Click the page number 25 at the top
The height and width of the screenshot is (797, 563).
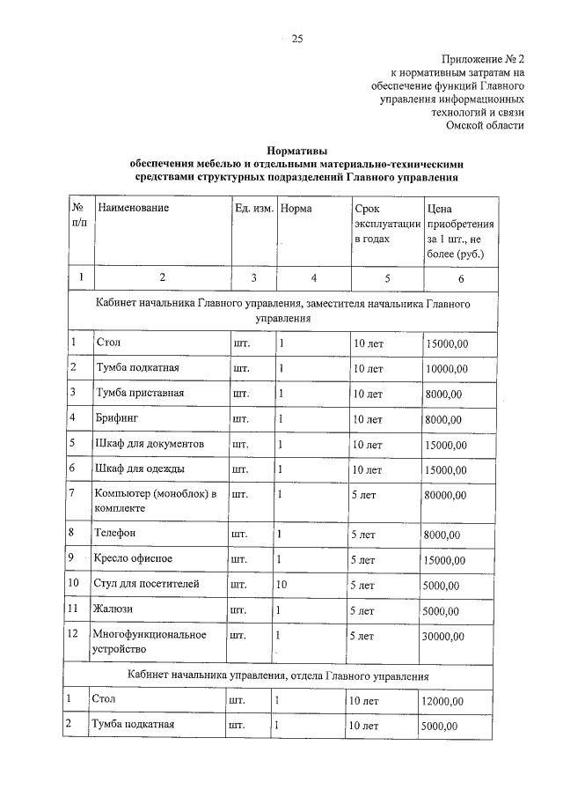point(296,38)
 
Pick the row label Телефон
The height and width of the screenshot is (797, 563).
point(115,533)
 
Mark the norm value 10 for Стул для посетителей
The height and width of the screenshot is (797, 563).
point(282,583)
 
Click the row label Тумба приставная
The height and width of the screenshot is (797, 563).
point(139,392)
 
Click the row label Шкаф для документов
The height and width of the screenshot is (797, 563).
point(150,443)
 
